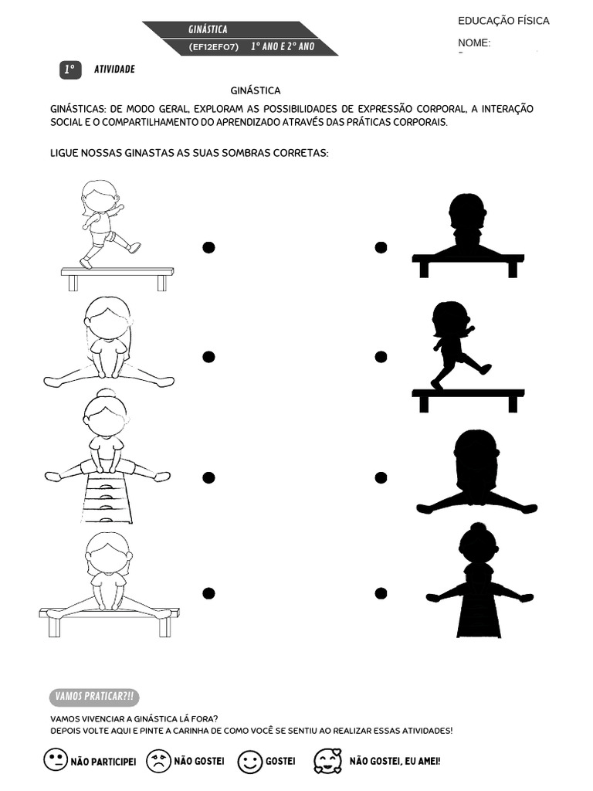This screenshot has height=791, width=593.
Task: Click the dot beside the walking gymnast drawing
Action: point(208,247)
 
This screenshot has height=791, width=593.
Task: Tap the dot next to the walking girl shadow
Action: point(381,357)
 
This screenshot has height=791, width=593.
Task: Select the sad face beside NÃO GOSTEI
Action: point(158,761)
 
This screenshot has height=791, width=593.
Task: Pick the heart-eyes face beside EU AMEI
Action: point(327,761)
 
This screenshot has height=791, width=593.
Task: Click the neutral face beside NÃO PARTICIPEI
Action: point(55,760)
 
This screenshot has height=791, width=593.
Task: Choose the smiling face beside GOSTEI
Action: point(249,762)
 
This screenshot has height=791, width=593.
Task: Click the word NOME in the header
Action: point(474,43)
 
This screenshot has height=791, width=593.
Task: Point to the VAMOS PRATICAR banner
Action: point(93,697)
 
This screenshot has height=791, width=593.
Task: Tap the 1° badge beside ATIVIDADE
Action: point(69,70)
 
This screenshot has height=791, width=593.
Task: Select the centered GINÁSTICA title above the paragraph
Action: point(256,90)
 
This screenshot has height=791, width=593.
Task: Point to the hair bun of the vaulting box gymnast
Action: point(106,393)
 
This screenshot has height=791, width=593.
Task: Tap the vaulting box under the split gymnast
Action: point(107,500)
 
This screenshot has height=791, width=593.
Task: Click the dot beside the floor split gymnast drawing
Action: point(208,357)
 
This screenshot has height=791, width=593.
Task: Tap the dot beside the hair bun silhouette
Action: point(381,593)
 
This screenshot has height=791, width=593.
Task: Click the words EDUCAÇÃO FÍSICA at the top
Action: point(503,21)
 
